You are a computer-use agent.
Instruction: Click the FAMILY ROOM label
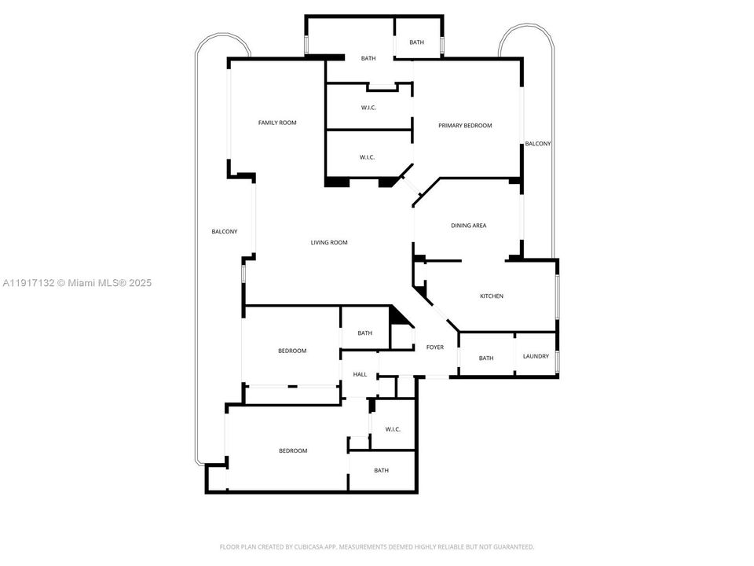click(277, 123)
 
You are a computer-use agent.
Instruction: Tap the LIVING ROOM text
click(328, 243)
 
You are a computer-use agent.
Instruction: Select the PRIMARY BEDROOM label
click(465, 126)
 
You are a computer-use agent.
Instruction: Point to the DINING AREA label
click(468, 226)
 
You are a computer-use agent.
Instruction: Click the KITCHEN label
click(492, 296)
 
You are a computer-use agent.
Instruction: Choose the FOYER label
click(434, 347)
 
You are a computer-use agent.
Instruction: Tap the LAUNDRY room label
click(536, 357)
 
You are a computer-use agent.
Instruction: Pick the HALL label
click(360, 375)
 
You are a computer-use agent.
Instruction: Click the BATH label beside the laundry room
click(486, 358)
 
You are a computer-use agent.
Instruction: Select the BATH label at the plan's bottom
click(381, 471)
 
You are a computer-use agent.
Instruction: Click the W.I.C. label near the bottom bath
click(393, 429)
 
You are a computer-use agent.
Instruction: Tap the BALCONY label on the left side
click(224, 232)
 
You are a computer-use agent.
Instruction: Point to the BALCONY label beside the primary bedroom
click(538, 144)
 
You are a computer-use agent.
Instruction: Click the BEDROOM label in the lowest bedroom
click(293, 451)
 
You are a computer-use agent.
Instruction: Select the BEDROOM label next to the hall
click(292, 351)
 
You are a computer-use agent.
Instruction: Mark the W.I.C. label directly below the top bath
click(368, 108)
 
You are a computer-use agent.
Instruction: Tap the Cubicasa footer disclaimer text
click(376, 546)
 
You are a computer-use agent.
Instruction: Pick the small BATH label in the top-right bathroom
click(416, 42)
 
